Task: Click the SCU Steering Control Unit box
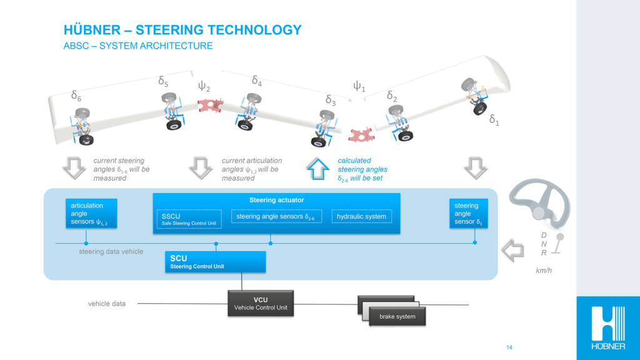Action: point(216,262)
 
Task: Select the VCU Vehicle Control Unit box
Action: point(260,304)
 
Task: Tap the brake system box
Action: point(396,316)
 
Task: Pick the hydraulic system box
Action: point(361,217)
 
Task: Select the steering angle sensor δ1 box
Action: point(468,214)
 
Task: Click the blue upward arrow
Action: point(318,168)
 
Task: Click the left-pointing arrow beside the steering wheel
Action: point(513,251)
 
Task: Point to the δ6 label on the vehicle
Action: point(76,96)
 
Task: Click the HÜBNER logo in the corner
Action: point(607,327)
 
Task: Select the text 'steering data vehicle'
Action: point(111,251)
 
